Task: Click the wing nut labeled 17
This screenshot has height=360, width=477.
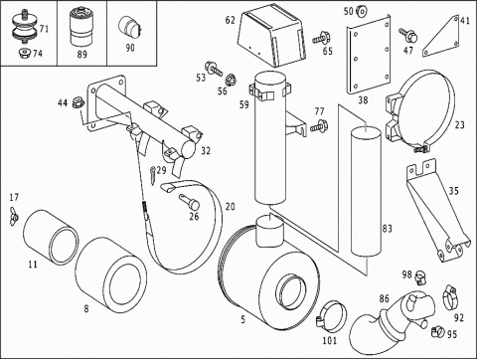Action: [x=14, y=216]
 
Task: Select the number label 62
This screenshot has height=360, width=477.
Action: [x=231, y=20]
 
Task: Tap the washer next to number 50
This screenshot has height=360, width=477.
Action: [x=362, y=12]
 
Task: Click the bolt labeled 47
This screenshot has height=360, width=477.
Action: [x=408, y=35]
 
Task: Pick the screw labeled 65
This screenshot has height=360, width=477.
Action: [x=321, y=38]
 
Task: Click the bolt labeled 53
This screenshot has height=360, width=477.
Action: [x=214, y=69]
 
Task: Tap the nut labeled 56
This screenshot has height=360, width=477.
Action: [x=231, y=81]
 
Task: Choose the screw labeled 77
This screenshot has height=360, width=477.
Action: [x=319, y=125]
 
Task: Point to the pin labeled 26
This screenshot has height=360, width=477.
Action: [x=190, y=201]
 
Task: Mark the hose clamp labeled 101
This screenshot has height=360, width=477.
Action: [x=330, y=316]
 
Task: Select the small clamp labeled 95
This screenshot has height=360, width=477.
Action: [x=438, y=330]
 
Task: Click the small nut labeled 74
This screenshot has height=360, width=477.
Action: [x=24, y=53]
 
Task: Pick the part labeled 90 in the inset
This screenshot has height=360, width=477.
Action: [x=129, y=27]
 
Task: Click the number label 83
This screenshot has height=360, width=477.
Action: [x=387, y=229]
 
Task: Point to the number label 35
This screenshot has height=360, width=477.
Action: [x=453, y=191]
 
